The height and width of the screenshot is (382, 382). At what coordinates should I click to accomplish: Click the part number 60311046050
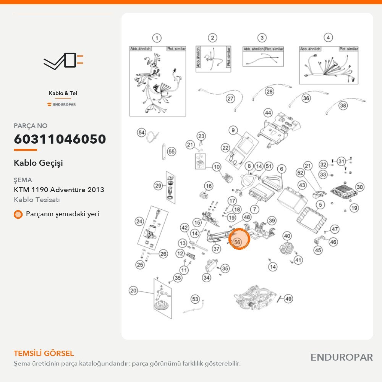point(60,139)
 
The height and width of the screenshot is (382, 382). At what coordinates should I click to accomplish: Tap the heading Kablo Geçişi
point(38,163)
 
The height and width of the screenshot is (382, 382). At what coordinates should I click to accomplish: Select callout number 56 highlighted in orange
point(237,242)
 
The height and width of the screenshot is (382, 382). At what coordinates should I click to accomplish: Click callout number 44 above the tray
point(268,113)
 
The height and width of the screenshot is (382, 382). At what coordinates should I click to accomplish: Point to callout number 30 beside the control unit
point(359,187)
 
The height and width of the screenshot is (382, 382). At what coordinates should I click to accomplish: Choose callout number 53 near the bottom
point(195,299)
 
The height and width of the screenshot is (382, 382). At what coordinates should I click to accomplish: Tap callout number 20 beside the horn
point(133,290)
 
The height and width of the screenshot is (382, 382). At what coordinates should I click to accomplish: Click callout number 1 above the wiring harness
point(157,38)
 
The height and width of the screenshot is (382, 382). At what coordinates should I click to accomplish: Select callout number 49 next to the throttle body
point(288,299)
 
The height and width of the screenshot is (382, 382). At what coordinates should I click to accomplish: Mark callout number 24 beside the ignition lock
point(139,222)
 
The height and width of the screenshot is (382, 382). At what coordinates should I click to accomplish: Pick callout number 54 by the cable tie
point(141,133)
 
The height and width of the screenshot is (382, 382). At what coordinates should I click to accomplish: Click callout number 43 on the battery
point(302,185)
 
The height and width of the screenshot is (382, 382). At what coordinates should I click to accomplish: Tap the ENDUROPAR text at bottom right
point(342,357)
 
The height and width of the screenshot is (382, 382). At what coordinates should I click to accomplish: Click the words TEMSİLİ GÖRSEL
point(44,353)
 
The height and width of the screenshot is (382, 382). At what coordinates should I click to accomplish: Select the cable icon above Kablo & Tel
point(63,61)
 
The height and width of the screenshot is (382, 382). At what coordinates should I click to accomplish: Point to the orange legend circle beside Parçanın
point(18,214)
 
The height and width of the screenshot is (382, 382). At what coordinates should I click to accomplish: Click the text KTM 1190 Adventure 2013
point(59,189)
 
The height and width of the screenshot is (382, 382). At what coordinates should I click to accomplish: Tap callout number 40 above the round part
point(287,236)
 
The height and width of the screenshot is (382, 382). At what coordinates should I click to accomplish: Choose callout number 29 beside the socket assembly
point(159,186)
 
